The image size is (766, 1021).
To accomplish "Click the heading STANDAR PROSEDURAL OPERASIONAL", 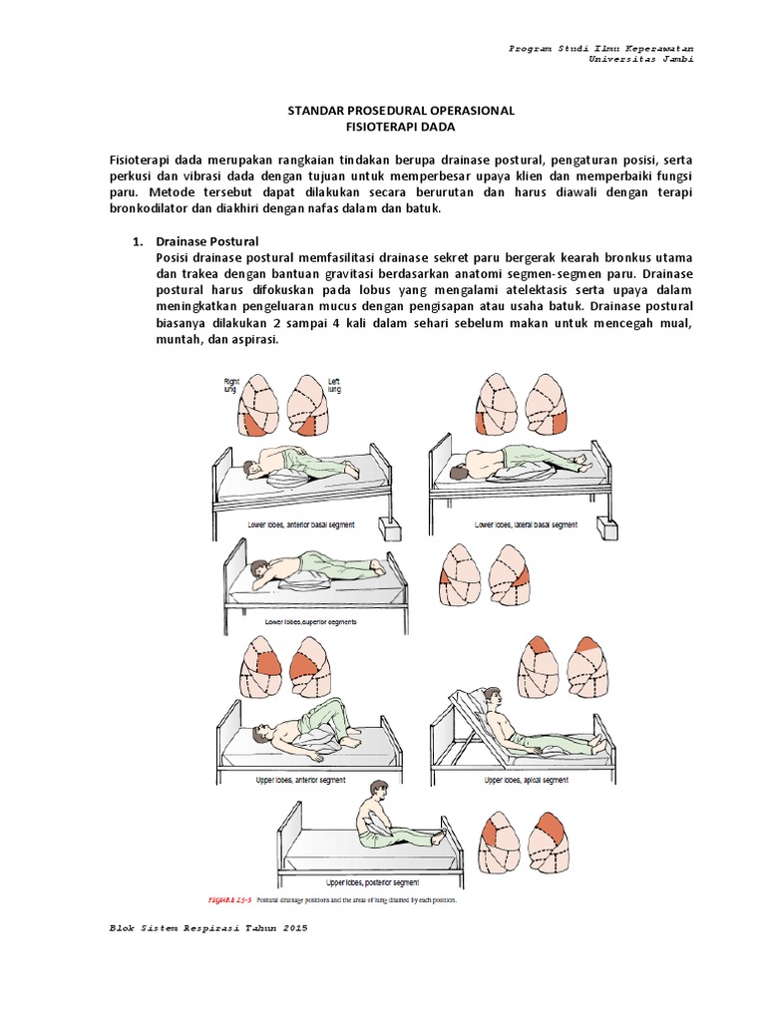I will pos(394,111).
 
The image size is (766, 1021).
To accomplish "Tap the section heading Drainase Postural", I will pos(207,242).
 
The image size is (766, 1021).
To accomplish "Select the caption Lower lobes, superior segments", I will pos(309,621).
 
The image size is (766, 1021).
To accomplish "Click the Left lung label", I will pos(333,385).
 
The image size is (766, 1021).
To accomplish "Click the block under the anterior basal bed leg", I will pos(389,525).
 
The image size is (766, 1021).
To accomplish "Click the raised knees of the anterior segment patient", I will pos(327,710).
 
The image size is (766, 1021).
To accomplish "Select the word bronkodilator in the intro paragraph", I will pos(155,207).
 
